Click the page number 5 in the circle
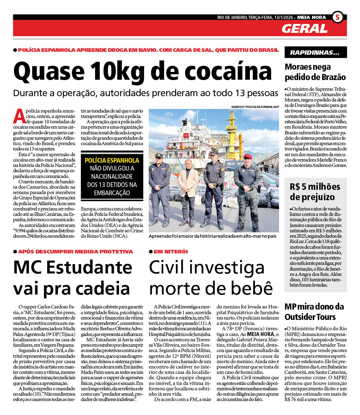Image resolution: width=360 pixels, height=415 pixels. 337,17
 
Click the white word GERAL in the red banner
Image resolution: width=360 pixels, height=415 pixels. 304,28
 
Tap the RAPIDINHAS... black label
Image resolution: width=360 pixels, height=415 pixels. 315,53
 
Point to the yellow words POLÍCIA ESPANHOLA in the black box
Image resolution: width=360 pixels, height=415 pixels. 112,160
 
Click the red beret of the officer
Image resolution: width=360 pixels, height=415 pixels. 247,156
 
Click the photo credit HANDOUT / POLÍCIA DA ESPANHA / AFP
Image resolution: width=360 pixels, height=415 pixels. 255,107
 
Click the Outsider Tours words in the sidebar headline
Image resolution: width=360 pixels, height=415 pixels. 310,317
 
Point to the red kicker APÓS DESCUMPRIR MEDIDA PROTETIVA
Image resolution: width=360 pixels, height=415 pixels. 75,252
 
